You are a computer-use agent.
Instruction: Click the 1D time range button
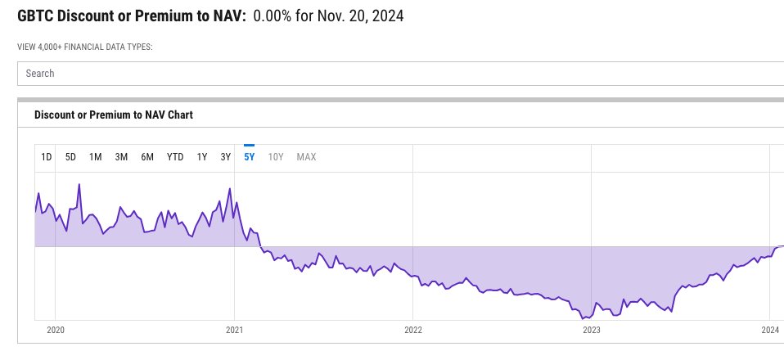[47, 157]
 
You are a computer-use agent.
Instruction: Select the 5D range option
[70, 157]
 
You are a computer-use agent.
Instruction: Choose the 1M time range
[95, 157]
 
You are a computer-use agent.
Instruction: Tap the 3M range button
[121, 157]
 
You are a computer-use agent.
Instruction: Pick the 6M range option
[147, 157]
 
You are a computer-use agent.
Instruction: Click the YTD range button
[175, 157]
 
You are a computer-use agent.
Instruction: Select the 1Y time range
[202, 157]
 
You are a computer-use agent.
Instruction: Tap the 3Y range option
[226, 157]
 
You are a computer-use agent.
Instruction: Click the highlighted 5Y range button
[250, 157]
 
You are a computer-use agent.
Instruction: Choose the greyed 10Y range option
[276, 157]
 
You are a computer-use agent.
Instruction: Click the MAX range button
[306, 157]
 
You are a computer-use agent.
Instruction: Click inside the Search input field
[400, 74]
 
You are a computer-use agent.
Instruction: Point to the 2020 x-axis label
[55, 330]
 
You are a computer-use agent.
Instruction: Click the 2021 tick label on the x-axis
[234, 330]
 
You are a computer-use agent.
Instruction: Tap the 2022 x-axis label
[412, 330]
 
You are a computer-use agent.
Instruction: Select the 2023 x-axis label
[591, 330]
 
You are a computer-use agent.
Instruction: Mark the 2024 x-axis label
[769, 330]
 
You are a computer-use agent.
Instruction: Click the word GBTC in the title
[35, 16]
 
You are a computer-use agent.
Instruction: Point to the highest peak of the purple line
[79, 184]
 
